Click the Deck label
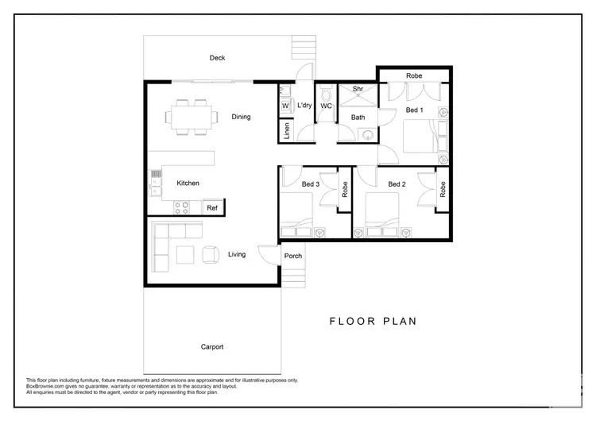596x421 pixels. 218,58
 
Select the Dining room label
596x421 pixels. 241,117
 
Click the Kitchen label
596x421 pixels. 188,183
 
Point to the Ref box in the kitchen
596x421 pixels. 212,208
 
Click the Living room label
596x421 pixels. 237,255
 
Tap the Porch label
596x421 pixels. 293,256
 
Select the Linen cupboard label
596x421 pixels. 287,131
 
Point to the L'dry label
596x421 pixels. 304,105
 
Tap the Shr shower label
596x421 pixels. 358,89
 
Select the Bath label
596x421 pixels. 358,118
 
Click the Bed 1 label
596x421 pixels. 414,110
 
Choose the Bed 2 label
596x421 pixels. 397,184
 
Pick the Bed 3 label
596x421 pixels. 311,184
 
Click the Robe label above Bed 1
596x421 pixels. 414,75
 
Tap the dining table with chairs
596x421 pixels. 192,117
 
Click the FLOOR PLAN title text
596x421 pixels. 373,322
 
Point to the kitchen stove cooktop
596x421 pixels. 182,208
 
